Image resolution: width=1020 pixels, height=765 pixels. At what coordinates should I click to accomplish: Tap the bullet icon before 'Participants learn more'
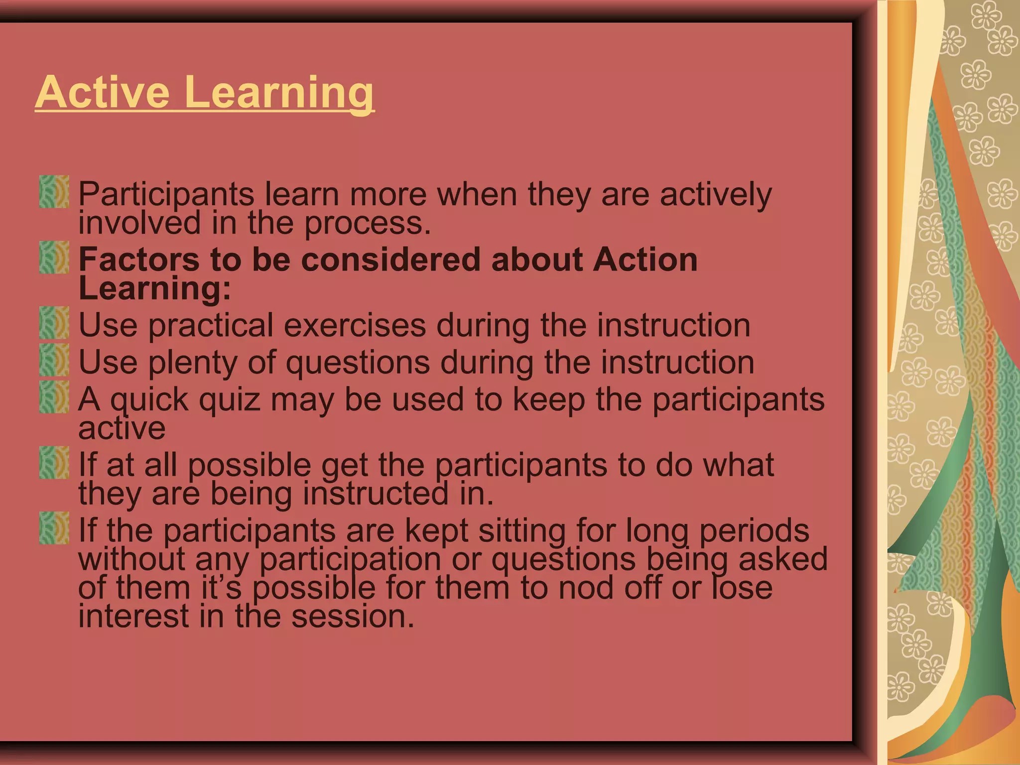tap(54, 192)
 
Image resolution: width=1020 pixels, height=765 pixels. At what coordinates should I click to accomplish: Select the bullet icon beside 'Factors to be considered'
tap(54, 257)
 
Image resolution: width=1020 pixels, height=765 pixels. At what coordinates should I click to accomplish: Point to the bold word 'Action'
tap(645, 260)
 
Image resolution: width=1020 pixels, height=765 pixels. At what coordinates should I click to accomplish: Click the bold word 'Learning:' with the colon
tap(155, 289)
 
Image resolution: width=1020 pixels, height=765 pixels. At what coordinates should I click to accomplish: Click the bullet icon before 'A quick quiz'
tap(54, 397)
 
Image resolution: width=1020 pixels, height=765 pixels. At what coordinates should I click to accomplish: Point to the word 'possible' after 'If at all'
tap(249, 466)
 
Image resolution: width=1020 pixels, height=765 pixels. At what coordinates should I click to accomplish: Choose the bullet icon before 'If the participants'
tap(54, 528)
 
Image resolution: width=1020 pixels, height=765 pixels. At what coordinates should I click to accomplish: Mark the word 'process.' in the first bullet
tap(368, 224)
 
